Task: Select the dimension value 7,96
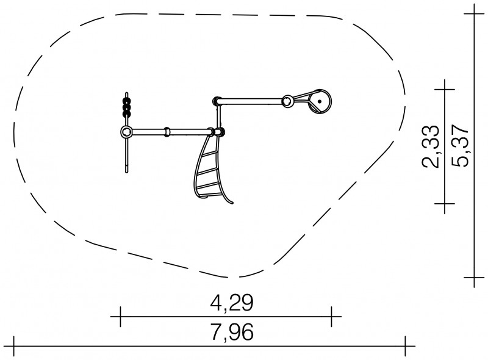coord(232,332)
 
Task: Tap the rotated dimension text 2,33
coord(431,146)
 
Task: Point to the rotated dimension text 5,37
coord(460,146)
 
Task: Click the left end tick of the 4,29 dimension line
coord(120,317)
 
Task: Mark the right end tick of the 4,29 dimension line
coord(331,317)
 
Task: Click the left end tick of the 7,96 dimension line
coord(13,346)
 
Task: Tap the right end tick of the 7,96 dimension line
coord(405,346)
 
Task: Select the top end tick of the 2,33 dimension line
coord(445,90)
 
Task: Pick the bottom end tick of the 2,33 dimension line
coord(445,204)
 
